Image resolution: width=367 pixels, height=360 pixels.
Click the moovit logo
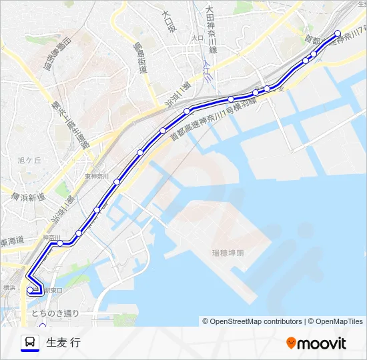click(x=316, y=343)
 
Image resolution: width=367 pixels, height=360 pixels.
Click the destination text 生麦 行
click(x=63, y=343)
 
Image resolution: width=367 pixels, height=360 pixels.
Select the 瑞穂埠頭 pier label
click(x=228, y=253)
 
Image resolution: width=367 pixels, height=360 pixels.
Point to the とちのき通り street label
click(x=54, y=313)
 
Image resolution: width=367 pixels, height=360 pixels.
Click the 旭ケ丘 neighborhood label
click(x=29, y=160)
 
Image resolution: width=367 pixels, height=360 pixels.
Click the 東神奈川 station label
click(x=97, y=177)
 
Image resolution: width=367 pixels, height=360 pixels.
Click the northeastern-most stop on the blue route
click(x=337, y=33)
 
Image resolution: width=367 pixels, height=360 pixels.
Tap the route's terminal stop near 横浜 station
click(x=30, y=290)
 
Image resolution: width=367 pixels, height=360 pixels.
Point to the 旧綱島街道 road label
click(x=57, y=58)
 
